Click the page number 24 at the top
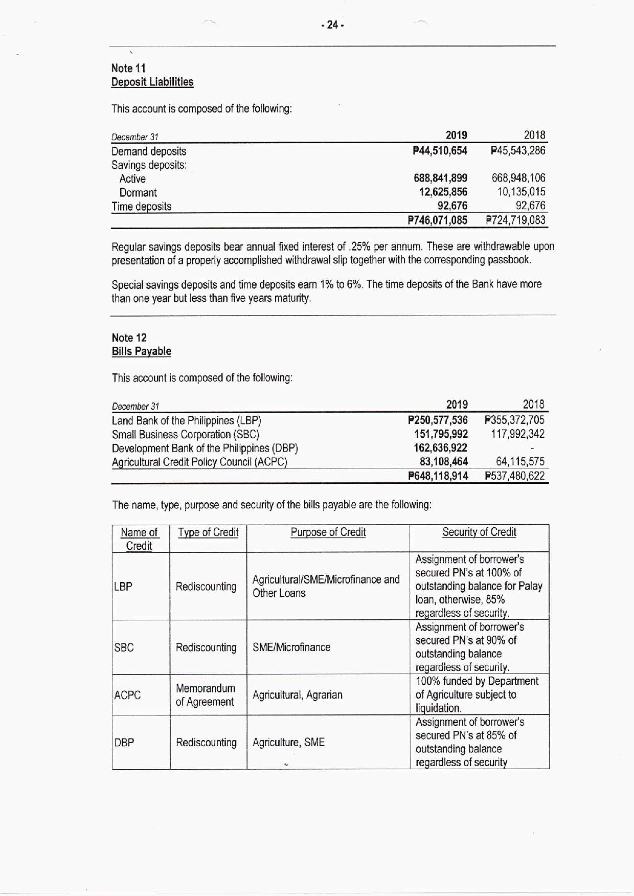[x=332, y=25]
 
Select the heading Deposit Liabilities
[x=152, y=82]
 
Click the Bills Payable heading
[x=142, y=351]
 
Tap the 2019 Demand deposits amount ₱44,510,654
[x=440, y=151]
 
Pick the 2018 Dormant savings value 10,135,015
[x=521, y=192]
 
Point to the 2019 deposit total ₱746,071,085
[x=438, y=220]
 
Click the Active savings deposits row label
[x=132, y=179]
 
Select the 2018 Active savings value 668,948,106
[x=518, y=178]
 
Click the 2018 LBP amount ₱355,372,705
[x=514, y=420]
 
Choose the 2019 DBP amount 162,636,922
[x=440, y=448]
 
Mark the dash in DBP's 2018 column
[x=532, y=449]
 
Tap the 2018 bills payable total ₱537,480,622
[x=514, y=476]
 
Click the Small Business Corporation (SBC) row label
[x=186, y=435]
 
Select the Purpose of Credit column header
[x=328, y=532]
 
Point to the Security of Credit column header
[x=479, y=532]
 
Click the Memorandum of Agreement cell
[x=206, y=695]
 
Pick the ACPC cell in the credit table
[x=127, y=696]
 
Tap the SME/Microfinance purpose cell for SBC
[x=291, y=647]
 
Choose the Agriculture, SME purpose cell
[x=288, y=743]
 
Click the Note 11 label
[x=129, y=68]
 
